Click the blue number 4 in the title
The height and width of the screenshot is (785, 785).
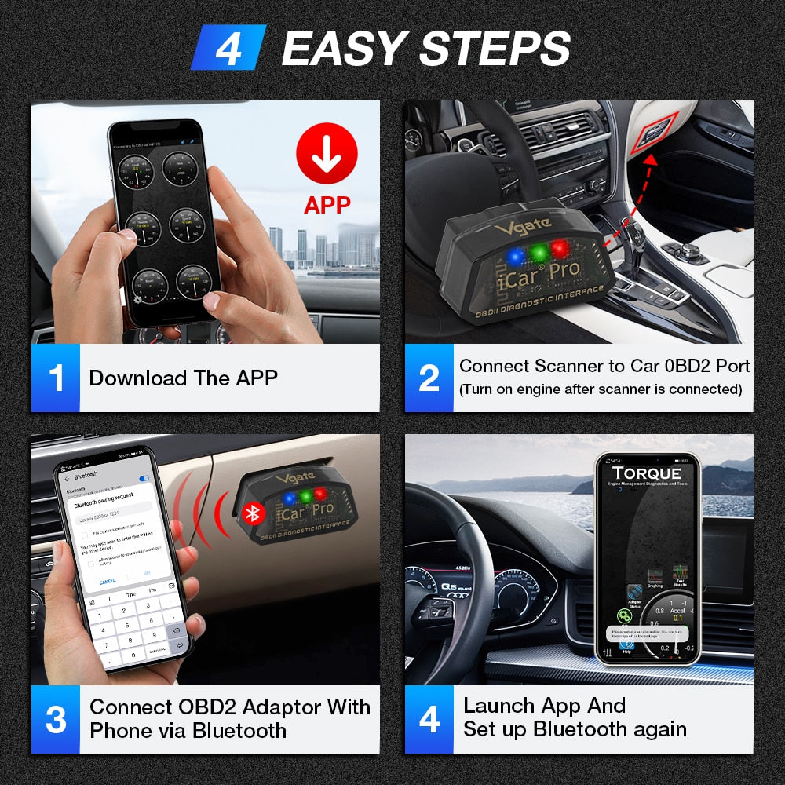(x=228, y=48)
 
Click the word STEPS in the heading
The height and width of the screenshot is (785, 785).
(x=494, y=49)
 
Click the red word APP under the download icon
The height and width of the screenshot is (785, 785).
(x=327, y=205)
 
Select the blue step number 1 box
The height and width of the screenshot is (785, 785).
(x=56, y=378)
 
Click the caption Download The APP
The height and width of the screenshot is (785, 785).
(x=183, y=378)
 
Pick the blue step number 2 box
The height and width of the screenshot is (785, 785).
(x=429, y=378)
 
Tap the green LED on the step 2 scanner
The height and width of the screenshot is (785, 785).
(x=537, y=252)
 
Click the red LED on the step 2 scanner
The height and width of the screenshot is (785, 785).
(x=560, y=249)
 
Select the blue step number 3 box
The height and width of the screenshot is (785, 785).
(x=56, y=719)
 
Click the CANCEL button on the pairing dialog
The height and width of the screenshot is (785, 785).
(x=108, y=581)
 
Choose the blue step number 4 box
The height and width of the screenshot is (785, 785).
(x=429, y=719)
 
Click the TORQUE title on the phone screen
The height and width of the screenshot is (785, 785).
(x=647, y=473)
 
